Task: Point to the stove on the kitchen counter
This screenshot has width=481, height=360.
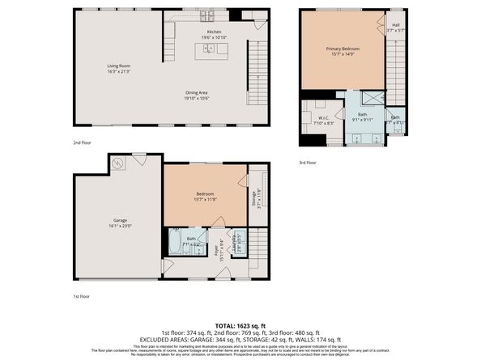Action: [x=206, y=15]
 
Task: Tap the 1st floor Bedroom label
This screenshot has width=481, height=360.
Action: [x=205, y=195]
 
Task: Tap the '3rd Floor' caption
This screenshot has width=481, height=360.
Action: [x=307, y=163]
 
